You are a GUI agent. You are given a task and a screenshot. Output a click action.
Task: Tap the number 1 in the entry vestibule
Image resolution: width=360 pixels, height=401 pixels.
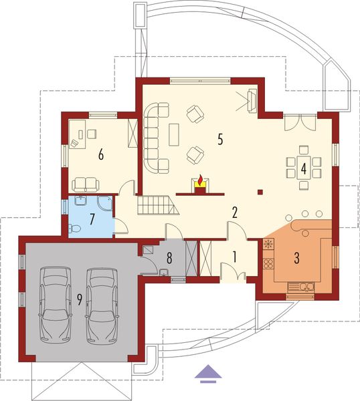click(x=235, y=255)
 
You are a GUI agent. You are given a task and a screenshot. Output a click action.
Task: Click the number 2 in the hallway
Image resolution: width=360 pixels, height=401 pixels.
click(x=235, y=213)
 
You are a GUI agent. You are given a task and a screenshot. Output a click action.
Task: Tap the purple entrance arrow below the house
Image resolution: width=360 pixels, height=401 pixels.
click(x=208, y=373)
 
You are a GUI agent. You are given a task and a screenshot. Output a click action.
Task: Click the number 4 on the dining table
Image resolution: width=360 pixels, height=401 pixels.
click(x=303, y=168)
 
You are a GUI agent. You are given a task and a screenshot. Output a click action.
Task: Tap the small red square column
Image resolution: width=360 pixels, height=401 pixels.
click(x=260, y=193)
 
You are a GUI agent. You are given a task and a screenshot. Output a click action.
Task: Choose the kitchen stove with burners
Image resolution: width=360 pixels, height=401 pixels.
click(x=268, y=245)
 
